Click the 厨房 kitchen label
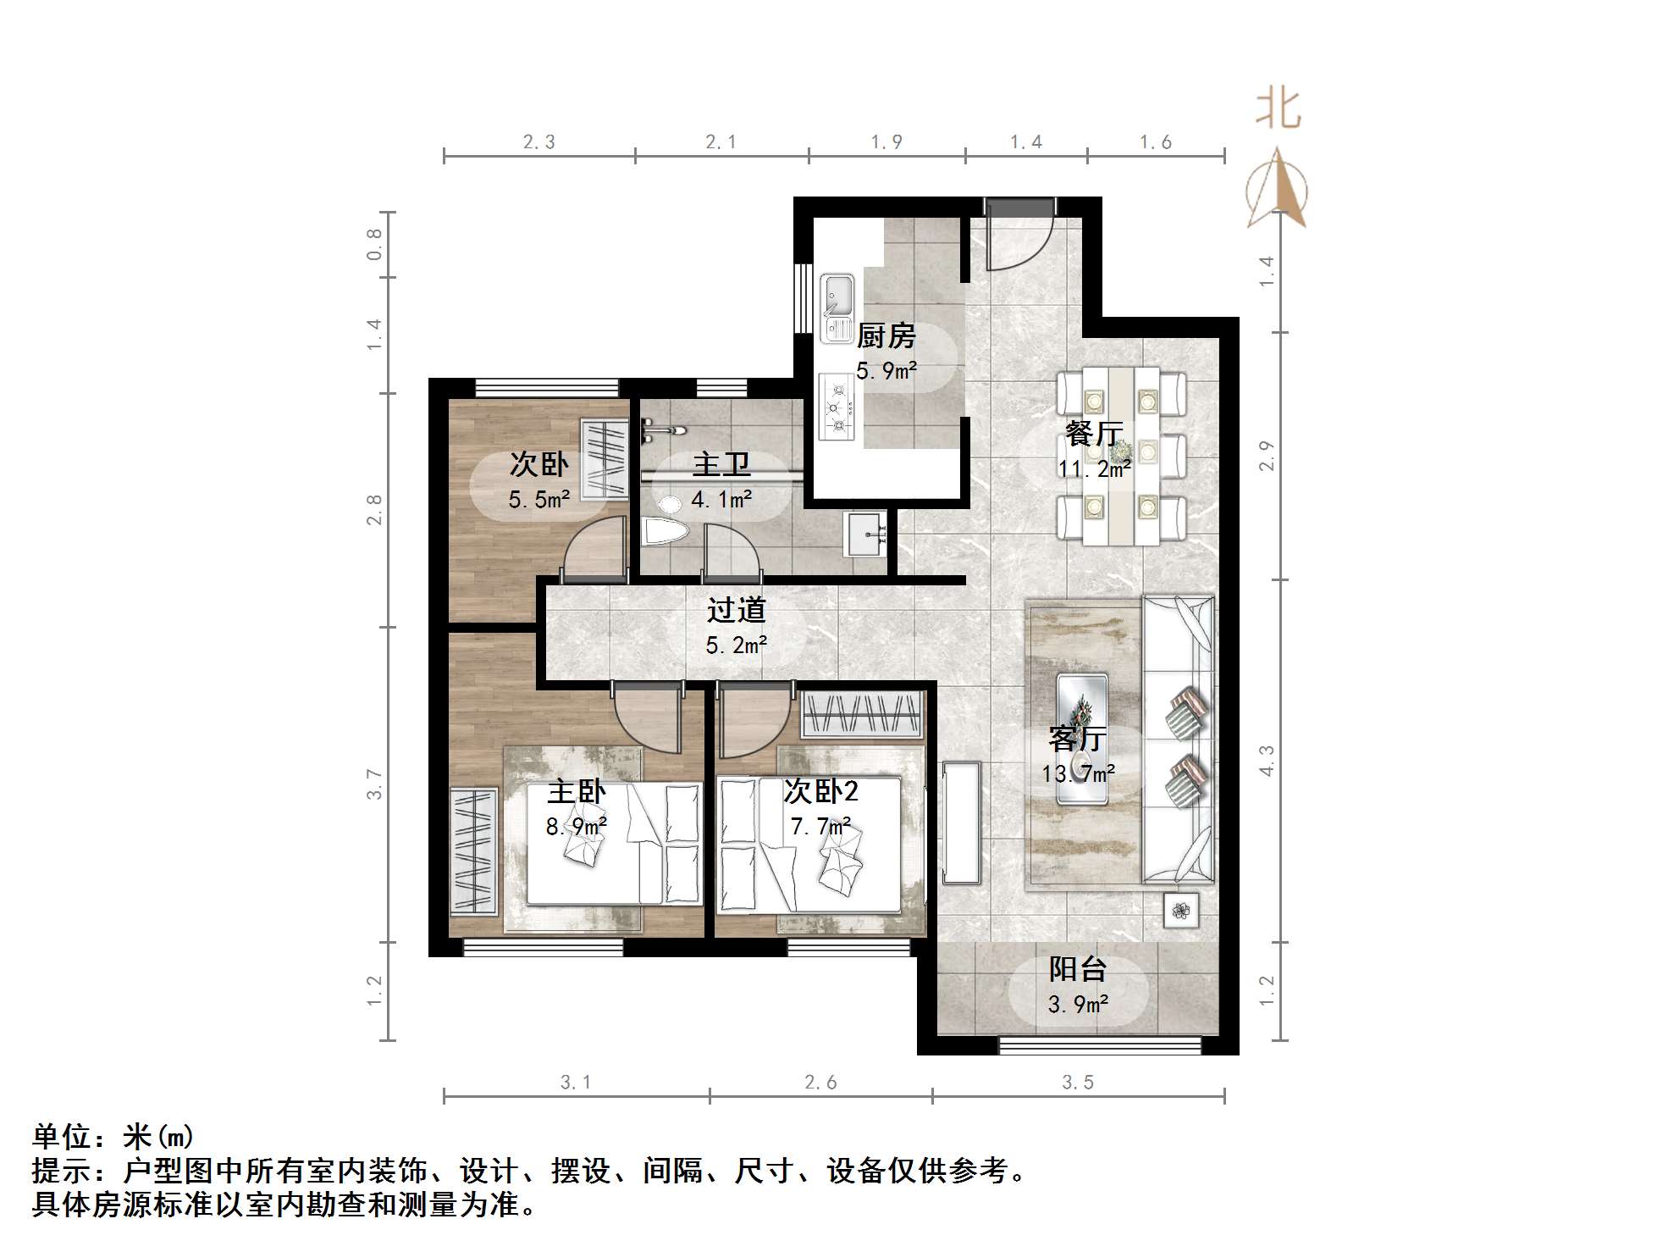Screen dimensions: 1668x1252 click(x=886, y=336)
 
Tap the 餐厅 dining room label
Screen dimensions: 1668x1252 click(x=1094, y=433)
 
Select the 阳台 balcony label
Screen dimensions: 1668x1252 click(x=1078, y=968)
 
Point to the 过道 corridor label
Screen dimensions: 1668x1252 click(x=737, y=609)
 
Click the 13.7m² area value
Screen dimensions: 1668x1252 click(x=1078, y=773)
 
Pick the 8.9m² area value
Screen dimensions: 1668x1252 click(x=576, y=826)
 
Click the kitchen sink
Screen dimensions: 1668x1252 click(x=837, y=307)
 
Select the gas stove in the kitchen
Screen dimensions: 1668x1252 click(x=837, y=407)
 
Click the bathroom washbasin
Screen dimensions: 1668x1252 click(x=865, y=534)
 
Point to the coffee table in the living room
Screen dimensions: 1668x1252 click(x=1081, y=739)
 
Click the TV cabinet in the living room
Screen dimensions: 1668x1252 click(x=961, y=823)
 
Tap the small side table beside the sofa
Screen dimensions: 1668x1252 click(x=1182, y=911)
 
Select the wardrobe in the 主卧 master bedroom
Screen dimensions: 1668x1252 click(x=473, y=850)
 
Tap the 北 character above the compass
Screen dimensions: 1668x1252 click(x=1278, y=109)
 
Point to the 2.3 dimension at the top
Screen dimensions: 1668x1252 click(x=539, y=142)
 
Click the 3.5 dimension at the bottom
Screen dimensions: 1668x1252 click(x=1078, y=1083)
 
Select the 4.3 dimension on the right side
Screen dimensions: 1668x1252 click(x=1267, y=761)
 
